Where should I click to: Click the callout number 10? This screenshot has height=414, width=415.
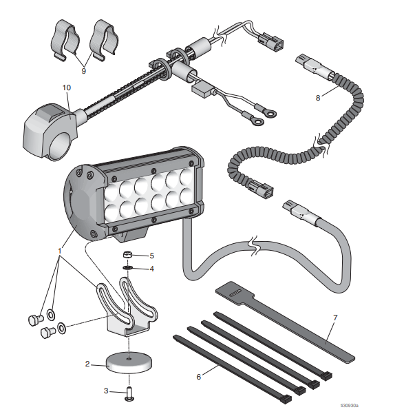point(67,87)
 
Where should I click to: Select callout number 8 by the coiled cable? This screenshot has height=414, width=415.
point(318,98)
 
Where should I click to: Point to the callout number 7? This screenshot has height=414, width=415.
point(335,318)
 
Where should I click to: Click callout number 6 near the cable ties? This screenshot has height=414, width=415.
point(200,376)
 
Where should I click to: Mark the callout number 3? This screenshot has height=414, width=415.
point(106,391)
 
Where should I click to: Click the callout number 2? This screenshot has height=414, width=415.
point(87,363)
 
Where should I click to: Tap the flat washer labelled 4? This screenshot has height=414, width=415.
point(129,268)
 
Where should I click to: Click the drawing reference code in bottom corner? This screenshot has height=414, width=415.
point(388,405)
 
